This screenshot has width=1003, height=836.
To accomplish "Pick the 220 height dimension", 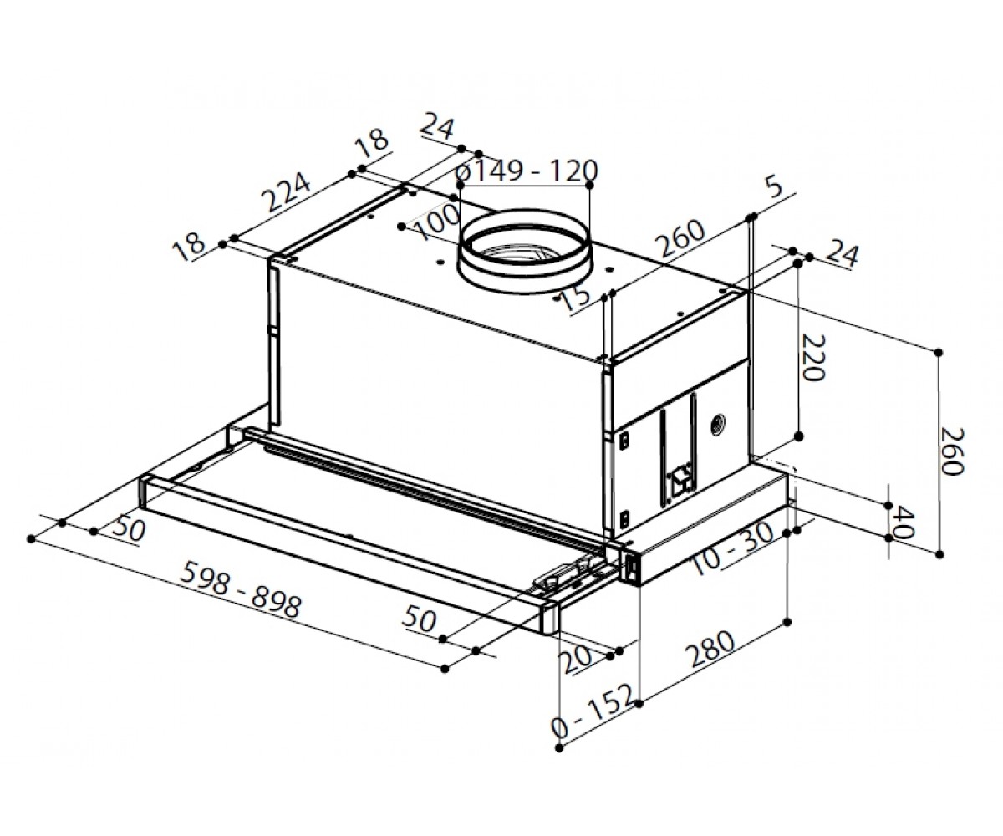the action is (813, 358).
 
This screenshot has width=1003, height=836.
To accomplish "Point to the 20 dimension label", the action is (577, 661).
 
